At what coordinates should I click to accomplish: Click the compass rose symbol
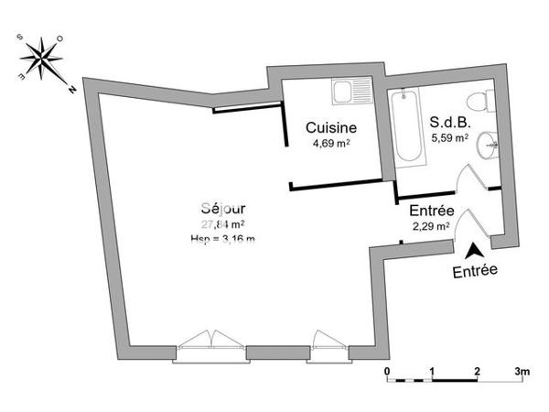[x=41, y=58]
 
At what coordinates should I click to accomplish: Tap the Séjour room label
[x=222, y=208]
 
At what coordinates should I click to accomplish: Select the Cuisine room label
[x=330, y=127]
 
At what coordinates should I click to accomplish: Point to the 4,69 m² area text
[x=330, y=143]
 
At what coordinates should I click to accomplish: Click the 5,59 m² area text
[x=449, y=139]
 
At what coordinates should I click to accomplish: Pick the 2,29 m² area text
[x=430, y=225]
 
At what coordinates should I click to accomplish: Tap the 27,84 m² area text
[x=222, y=223]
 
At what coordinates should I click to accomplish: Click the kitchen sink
[x=352, y=92]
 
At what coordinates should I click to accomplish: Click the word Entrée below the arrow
[x=475, y=271]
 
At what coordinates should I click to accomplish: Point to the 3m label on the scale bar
[x=521, y=373]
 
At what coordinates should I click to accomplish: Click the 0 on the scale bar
[x=387, y=373]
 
